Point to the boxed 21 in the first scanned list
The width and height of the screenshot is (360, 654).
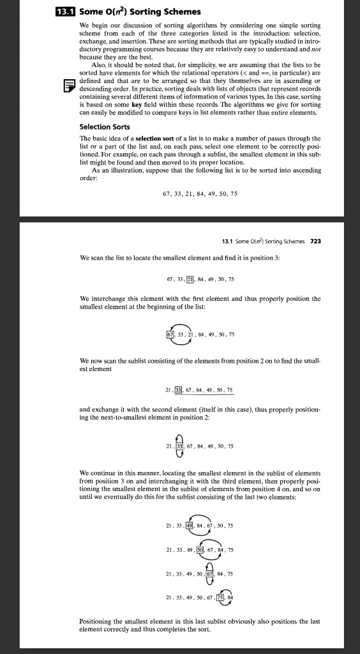(190, 279)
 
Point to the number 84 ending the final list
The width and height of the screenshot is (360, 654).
(232, 597)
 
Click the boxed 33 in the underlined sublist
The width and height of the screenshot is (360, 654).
(182, 390)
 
